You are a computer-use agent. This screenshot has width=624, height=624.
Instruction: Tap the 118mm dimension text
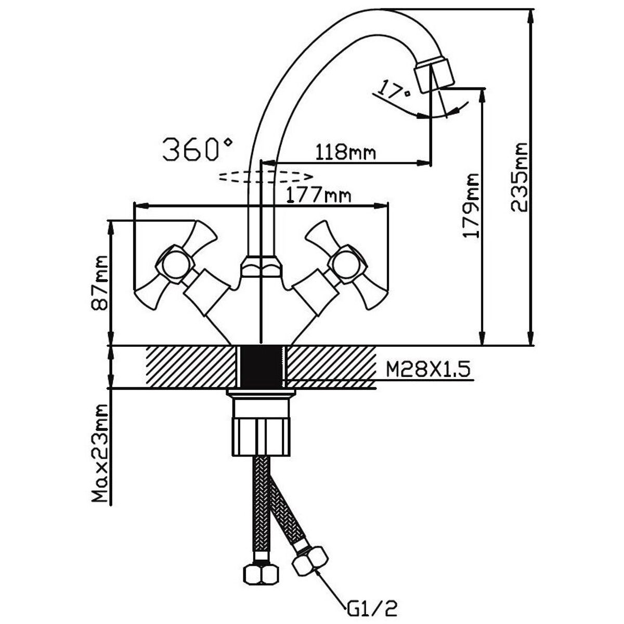345,152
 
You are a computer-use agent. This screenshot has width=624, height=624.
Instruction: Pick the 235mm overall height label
518,177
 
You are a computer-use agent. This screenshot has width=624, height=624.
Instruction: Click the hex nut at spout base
262,267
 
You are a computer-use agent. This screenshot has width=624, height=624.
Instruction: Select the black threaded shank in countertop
262,366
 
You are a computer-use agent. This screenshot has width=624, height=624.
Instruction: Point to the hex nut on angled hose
310,562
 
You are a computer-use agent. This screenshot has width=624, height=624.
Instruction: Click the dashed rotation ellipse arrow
265,176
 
